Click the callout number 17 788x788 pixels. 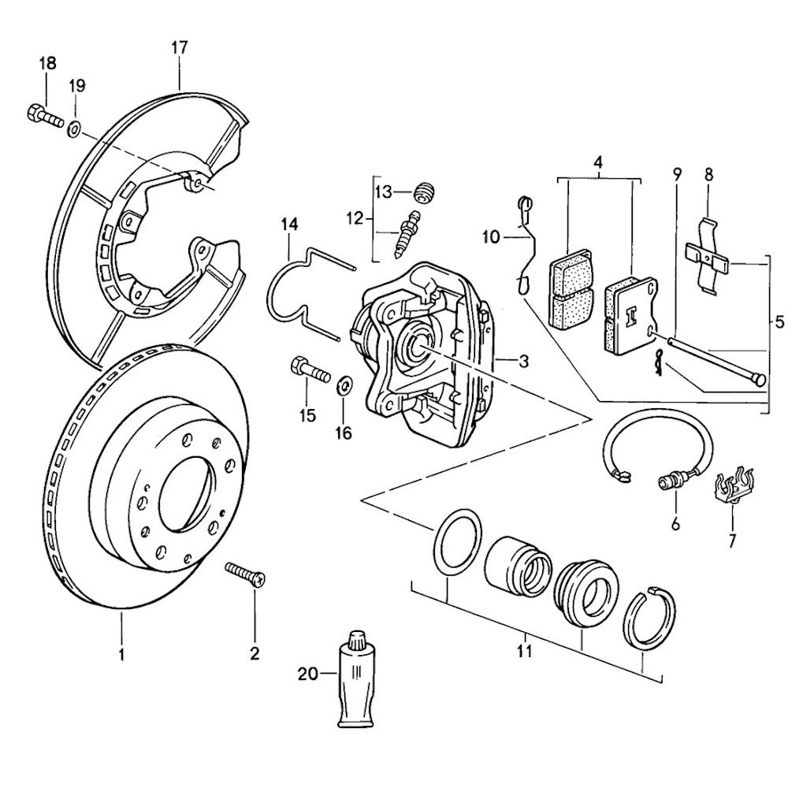180,48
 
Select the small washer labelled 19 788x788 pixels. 73,128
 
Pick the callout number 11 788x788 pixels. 525,652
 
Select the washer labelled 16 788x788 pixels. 344,388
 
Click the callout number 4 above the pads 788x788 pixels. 598,163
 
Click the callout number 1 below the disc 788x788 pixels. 121,653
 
